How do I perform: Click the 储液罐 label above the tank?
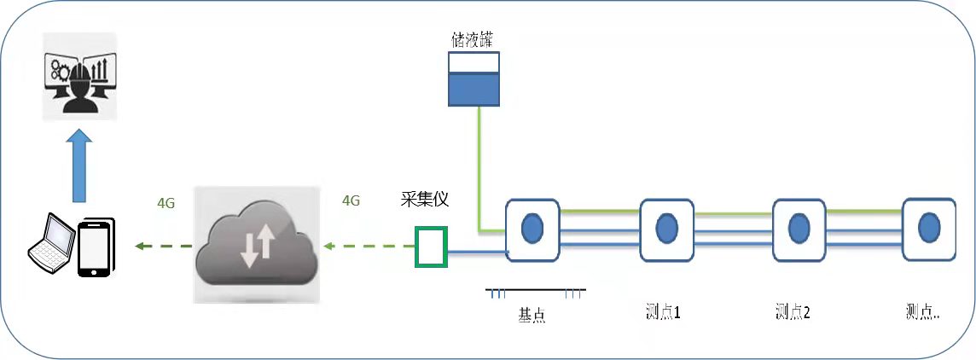[x=474, y=40]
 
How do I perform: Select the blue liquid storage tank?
[x=474, y=79]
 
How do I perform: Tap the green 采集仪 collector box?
[x=430, y=247]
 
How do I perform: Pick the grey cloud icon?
[x=255, y=244]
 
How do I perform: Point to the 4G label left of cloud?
[x=167, y=204]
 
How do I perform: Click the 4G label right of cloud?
[x=350, y=201]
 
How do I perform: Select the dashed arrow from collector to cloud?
[x=367, y=247]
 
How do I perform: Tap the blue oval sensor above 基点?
[x=532, y=228]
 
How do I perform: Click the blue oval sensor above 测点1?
[x=666, y=228]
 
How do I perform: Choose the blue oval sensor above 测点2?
[x=799, y=228]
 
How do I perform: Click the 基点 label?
[x=532, y=316]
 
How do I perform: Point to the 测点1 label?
[x=663, y=312]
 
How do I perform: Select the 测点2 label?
[x=793, y=312]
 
